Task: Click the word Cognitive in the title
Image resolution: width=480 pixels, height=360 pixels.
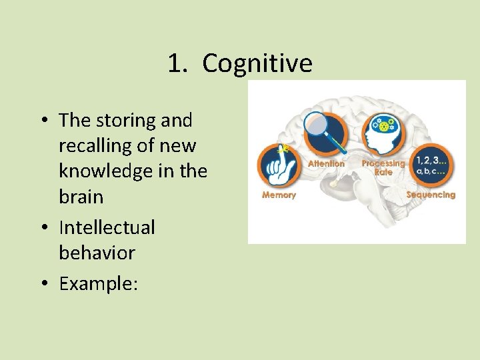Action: click(x=257, y=64)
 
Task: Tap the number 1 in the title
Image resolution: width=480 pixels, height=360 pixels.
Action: click(x=175, y=64)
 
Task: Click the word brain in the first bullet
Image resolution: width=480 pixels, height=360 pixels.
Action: click(x=81, y=197)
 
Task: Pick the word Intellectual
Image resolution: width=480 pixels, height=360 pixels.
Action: click(x=107, y=227)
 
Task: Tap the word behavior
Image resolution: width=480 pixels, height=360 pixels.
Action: click(x=97, y=253)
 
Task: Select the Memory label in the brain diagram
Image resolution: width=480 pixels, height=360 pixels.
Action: click(x=279, y=195)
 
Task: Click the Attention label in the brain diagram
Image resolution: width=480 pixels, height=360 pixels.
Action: click(x=326, y=163)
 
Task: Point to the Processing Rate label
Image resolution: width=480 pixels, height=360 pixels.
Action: click(x=383, y=167)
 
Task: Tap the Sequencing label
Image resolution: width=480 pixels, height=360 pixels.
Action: click(x=431, y=195)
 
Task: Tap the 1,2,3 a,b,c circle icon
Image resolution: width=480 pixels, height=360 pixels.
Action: click(x=431, y=164)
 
